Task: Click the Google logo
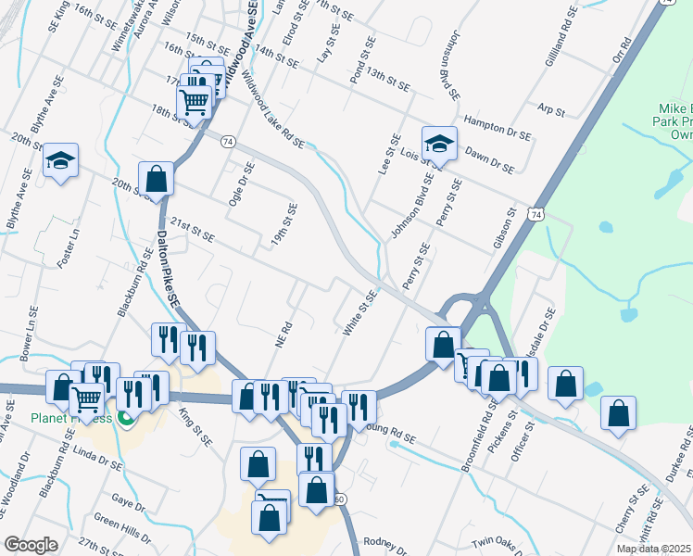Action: pos(31,545)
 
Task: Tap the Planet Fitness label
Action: pos(69,418)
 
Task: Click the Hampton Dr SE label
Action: pos(498,128)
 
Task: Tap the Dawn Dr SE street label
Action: pos(488,159)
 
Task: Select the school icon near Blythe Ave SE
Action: pos(60,160)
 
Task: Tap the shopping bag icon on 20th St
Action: pos(157,179)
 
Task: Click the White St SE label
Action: pos(360,313)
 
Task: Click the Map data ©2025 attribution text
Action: pos(654,549)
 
